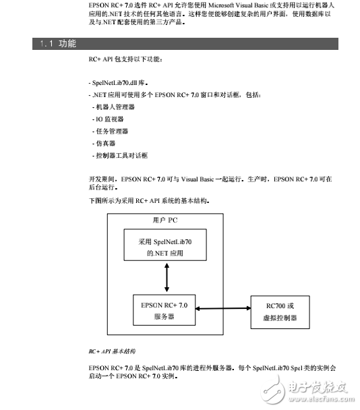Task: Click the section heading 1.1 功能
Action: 58,44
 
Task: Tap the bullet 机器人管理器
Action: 115,107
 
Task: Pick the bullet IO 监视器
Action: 109,119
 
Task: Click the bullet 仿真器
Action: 105,143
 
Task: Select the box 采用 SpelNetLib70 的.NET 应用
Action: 164,247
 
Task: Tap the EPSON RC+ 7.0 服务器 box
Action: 164,310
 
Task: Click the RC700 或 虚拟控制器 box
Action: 280,312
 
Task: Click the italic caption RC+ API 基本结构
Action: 112,351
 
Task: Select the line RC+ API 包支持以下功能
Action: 125,59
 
